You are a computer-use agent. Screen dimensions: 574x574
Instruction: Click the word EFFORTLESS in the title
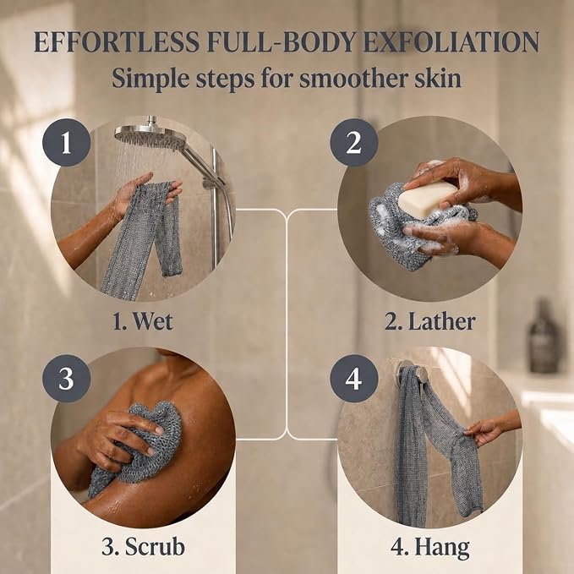[x=117, y=42]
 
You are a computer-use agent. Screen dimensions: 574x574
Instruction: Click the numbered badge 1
[x=66, y=142]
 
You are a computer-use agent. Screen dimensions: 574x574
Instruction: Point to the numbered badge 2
[x=353, y=142]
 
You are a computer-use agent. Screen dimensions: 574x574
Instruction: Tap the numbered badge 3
[x=66, y=379]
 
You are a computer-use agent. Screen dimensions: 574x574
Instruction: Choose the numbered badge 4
[x=353, y=379]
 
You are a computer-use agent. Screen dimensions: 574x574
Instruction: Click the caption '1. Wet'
[x=143, y=321]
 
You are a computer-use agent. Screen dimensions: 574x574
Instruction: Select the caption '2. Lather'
[x=430, y=321]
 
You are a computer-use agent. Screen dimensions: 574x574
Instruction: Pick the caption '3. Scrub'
[x=143, y=547]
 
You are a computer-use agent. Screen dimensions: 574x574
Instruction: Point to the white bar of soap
[x=428, y=199]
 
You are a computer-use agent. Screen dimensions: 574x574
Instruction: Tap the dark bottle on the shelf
[x=544, y=336]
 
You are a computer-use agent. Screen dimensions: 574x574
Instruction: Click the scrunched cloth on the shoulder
[x=137, y=446]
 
